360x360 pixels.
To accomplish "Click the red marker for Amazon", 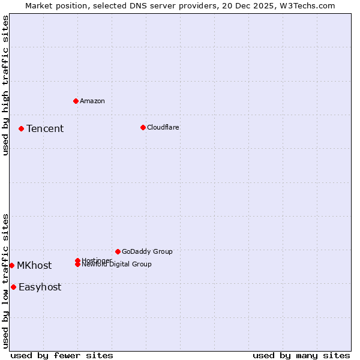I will pos(76,101).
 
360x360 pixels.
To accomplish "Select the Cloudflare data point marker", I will pos(143,127).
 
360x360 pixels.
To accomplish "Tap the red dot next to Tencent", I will pos(21,128).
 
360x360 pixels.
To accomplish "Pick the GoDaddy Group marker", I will pos(118,251).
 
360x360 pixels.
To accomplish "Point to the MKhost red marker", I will pos(11,265).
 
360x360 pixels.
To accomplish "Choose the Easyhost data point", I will pos(13,287).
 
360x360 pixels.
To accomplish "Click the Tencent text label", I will pos(45,128).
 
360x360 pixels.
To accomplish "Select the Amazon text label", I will pos(92,101).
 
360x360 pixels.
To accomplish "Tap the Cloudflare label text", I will pos(163,127).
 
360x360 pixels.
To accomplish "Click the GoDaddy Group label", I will pos(147,251).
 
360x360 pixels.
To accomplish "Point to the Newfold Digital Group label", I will pos(117,265).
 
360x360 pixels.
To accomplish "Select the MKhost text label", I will pos(34,265).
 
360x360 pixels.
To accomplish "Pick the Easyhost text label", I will pos(40,287).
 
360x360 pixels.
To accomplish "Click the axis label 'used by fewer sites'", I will pos(62,356).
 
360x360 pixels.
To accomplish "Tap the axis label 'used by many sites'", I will pos(301,356).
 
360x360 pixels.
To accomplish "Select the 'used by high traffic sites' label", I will pos(5,85).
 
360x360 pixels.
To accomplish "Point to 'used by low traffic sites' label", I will pos(5,281).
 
